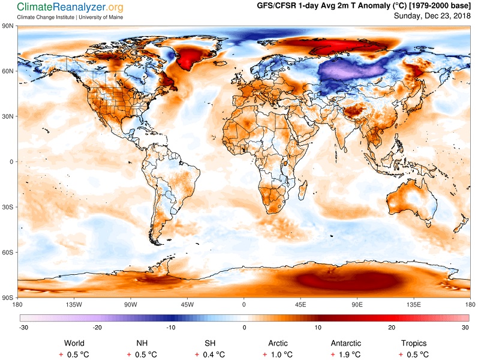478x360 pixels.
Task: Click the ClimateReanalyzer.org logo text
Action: coord(70,7)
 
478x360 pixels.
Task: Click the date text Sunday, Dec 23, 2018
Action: coord(432,16)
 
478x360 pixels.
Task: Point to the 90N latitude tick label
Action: coord(8,26)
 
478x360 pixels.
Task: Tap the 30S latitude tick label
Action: coord(8,207)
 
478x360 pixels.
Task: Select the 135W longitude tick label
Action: coord(74,304)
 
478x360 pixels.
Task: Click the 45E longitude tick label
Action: coord(300,304)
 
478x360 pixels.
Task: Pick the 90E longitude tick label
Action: coord(357,304)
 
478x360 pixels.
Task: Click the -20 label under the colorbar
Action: coord(97,328)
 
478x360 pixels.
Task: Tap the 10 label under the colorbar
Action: coord(318,328)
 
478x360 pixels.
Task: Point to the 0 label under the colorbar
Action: coord(245,328)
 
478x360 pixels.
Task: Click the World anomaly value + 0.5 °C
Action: coord(74,355)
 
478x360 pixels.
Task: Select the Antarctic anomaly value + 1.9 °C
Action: coord(345,355)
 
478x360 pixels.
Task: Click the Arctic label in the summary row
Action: coord(278,344)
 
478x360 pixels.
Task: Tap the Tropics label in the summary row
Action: coord(414,344)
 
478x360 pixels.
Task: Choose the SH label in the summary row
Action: coord(210,344)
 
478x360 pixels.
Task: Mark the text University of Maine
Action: coord(101,17)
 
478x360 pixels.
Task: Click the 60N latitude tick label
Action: coord(8,71)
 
